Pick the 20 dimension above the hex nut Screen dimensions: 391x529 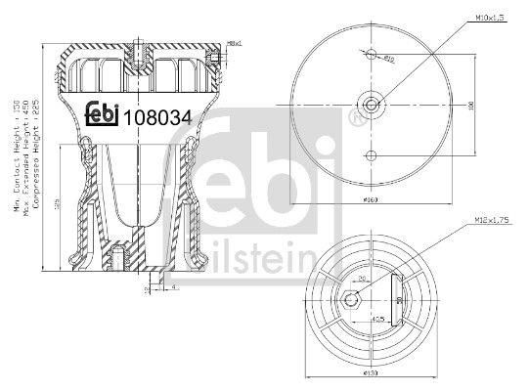coord(360,278)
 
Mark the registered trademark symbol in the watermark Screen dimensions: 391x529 coord(352,118)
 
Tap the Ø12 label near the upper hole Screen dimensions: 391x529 coord(388,61)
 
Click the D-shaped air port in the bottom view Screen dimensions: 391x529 coord(399,297)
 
